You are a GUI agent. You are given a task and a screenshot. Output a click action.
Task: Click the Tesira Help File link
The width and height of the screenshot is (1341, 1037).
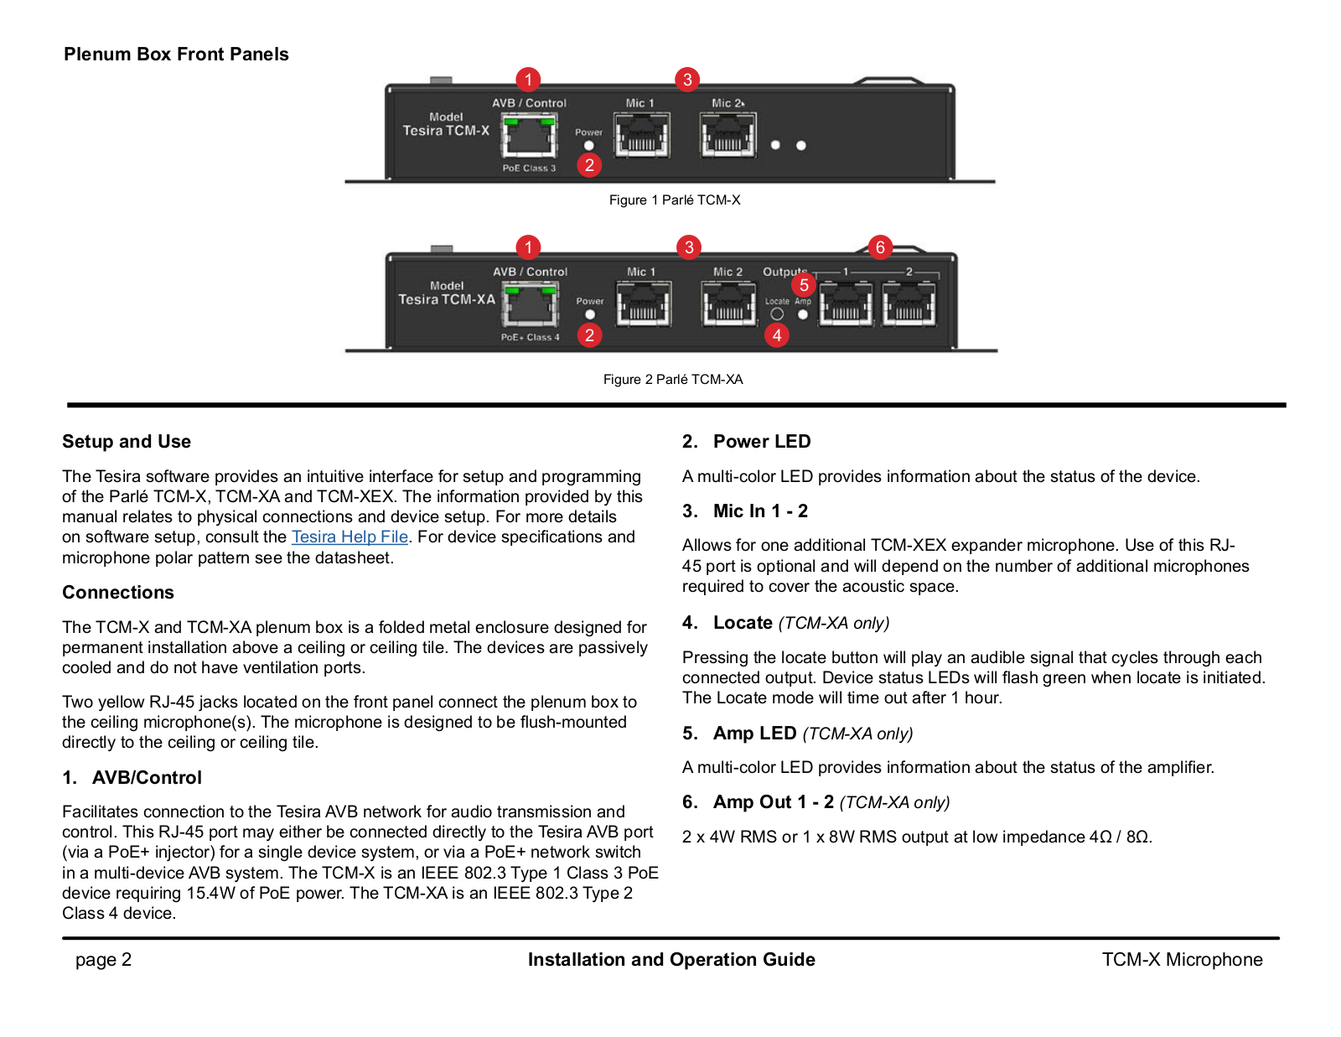pos(349,537)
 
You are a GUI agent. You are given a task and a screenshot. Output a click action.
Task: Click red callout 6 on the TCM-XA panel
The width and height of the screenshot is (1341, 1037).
pos(880,247)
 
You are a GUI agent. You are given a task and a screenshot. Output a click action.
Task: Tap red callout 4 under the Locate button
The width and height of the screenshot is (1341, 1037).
pos(777,335)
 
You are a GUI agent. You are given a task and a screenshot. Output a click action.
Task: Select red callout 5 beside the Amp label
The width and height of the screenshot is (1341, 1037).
pos(804,285)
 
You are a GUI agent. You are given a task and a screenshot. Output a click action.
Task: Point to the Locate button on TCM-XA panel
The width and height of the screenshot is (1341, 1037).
pos(777,314)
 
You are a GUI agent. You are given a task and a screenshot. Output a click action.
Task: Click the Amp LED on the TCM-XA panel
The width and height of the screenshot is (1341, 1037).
pos(802,315)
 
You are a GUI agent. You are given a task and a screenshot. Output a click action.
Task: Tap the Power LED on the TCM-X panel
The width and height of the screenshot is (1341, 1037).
pos(588,146)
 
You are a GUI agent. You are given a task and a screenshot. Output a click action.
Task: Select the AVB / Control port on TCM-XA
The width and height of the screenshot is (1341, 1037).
pos(530,304)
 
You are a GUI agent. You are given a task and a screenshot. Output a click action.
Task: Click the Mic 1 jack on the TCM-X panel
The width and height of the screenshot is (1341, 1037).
pos(642,135)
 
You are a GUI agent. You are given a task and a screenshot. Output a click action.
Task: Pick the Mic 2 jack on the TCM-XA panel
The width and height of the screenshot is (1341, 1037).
pos(729,303)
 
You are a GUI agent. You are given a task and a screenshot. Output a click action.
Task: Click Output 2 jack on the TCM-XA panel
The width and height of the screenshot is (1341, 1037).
pos(909,303)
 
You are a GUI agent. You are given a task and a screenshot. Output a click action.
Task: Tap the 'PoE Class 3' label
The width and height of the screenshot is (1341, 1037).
pos(529,168)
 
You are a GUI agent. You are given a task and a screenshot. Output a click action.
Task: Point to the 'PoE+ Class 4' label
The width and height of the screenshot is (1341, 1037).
pos(530,337)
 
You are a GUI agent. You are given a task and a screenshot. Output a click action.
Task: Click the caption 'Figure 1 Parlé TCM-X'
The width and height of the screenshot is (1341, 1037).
pos(675,200)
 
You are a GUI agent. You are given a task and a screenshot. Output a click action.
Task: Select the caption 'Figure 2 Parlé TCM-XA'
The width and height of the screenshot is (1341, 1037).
pos(673,379)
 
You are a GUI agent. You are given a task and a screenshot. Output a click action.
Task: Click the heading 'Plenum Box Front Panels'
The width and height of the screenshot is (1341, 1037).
pos(176,54)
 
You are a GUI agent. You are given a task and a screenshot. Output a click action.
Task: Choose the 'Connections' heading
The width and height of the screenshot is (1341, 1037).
pos(118,592)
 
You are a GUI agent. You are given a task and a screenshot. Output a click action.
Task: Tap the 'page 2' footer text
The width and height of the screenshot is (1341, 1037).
pos(103,959)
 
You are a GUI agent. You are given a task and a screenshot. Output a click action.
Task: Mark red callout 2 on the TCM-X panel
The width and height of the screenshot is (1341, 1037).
pos(589,165)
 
